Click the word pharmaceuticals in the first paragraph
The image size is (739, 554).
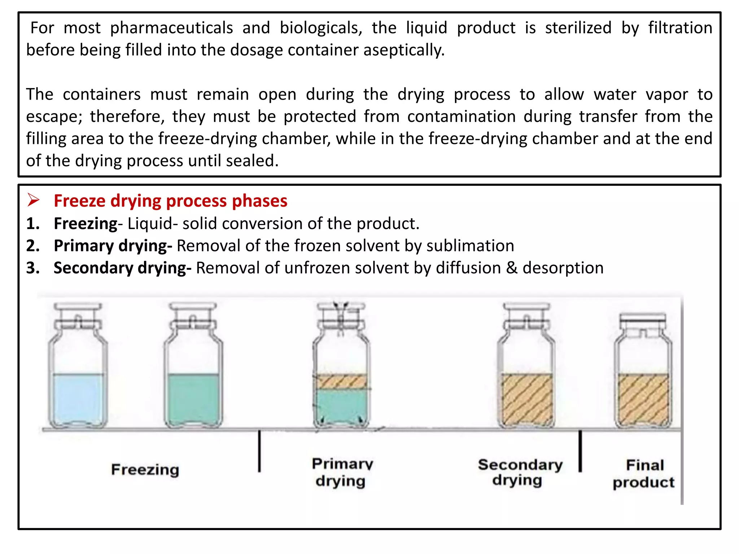click(x=171, y=28)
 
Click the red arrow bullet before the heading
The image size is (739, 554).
click(x=33, y=200)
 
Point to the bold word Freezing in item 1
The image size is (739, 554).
click(x=86, y=224)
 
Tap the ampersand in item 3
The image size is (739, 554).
click(x=512, y=268)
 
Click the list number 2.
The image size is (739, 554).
click(x=33, y=246)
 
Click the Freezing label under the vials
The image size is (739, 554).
click(x=145, y=470)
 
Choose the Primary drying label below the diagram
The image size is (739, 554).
click(x=342, y=472)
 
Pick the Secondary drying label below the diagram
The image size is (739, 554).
click(x=520, y=472)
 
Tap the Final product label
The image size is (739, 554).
click(x=644, y=473)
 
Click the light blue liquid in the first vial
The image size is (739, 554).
click(x=78, y=397)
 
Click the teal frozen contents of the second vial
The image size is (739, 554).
click(x=193, y=397)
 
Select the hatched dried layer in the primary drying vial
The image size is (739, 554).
click(x=341, y=381)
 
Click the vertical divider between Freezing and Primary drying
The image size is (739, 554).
click(x=259, y=451)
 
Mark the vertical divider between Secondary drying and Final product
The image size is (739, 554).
click(x=580, y=451)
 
